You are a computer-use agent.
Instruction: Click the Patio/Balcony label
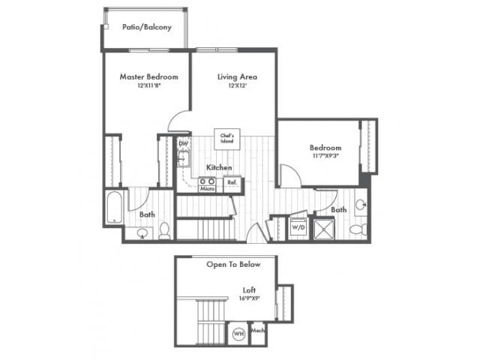147,27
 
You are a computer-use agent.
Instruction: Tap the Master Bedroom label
148,76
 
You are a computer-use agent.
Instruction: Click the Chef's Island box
226,137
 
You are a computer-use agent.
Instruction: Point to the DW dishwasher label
182,143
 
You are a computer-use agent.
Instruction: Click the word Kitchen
219,167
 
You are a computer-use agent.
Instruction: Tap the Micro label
208,189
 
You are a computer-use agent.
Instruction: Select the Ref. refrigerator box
232,181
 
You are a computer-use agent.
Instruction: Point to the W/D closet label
298,226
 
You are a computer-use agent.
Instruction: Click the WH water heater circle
238,334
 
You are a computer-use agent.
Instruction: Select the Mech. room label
257,330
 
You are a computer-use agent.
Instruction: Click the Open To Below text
232,265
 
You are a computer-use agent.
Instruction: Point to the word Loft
250,289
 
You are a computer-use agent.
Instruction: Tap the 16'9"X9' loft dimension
250,298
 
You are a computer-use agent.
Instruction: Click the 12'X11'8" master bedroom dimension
148,85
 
